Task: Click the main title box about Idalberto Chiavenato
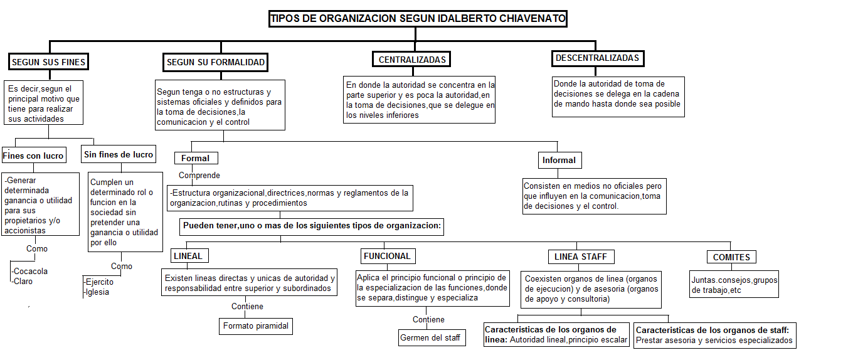point(418,19)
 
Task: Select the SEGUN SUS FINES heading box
point(48,61)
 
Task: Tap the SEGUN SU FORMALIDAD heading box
point(216,62)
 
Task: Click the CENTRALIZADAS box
point(412,60)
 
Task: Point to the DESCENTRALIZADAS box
point(597,58)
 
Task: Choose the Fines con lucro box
point(33,156)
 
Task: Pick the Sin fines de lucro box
point(119,154)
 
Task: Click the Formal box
point(195,158)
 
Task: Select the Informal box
point(559,160)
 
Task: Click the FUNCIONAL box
point(387,256)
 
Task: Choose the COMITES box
point(731,257)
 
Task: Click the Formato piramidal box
point(255,326)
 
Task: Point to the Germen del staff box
point(431,337)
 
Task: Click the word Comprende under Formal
point(199,176)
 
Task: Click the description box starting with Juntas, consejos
point(733,285)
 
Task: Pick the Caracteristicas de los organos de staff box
point(715,336)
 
